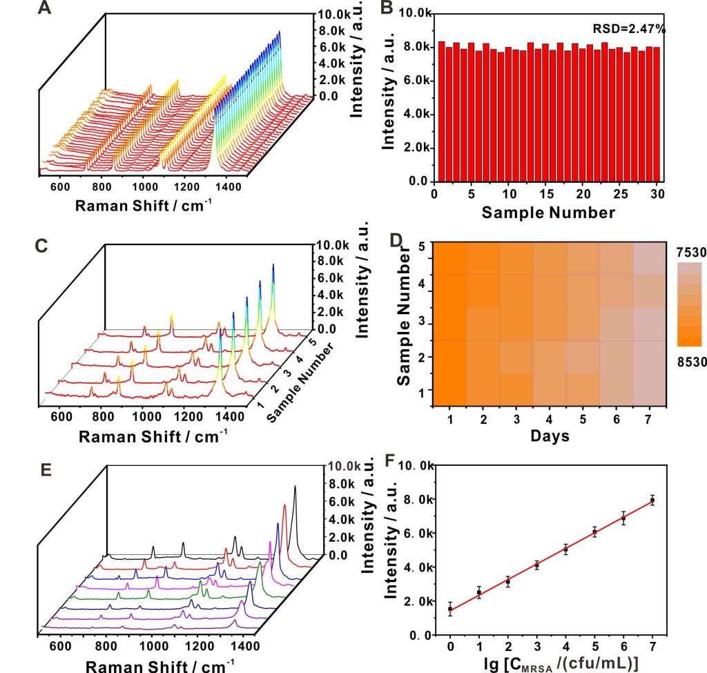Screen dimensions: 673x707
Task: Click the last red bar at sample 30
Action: point(657,114)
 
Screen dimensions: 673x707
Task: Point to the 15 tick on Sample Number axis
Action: point(545,194)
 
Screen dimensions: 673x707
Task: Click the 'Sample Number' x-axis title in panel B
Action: point(548,213)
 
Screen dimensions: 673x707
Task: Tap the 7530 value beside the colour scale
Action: point(691,253)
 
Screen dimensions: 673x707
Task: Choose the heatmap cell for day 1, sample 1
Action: point(449,389)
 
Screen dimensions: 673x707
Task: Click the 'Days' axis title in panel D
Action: point(550,436)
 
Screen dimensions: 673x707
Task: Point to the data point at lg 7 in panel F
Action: point(652,500)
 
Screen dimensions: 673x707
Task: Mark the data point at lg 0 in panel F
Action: point(450,609)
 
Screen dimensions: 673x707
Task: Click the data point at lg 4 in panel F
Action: point(565,549)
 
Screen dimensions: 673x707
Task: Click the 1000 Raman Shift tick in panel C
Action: point(145,417)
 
